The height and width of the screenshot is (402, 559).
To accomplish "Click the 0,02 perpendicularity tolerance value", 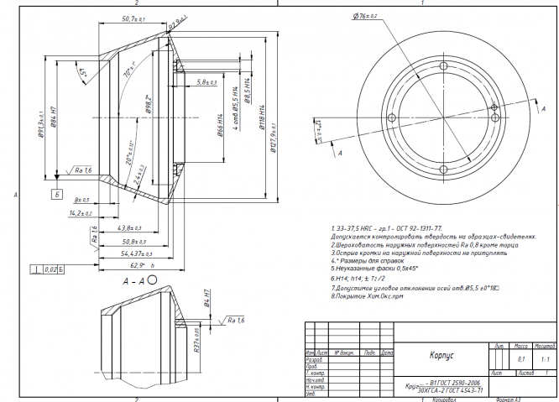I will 48,269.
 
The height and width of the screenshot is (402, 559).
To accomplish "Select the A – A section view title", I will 134,283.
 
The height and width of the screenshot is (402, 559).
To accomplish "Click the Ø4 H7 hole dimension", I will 208,300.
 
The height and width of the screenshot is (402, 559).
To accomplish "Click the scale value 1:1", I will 544,358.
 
